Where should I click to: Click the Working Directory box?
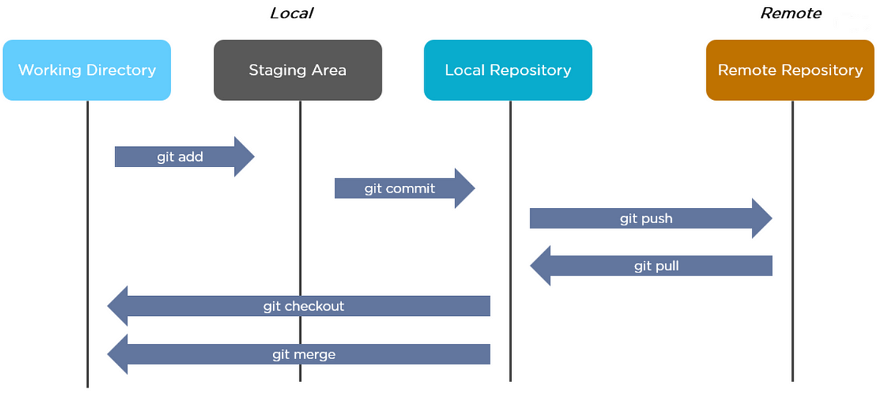(x=87, y=70)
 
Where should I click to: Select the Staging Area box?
(x=298, y=70)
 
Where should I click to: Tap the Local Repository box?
(x=508, y=70)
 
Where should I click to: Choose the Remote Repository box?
(x=790, y=70)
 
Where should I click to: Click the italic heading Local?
(x=291, y=13)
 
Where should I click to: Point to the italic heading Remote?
(x=791, y=13)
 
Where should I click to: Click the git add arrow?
(x=185, y=156)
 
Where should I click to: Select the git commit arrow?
(x=405, y=188)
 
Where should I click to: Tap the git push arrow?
(x=651, y=218)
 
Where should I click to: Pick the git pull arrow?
(x=651, y=266)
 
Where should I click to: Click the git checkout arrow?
(x=299, y=306)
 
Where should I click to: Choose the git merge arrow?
(x=299, y=354)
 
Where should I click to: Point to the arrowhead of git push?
(x=772, y=218)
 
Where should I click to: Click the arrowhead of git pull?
(x=531, y=266)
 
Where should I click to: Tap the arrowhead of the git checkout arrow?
(x=108, y=306)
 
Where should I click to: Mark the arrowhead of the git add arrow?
(x=254, y=156)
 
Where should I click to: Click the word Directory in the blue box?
(x=121, y=70)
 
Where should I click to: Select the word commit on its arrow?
(x=410, y=189)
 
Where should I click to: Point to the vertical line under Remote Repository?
(x=792, y=241)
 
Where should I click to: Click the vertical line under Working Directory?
(x=87, y=244)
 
